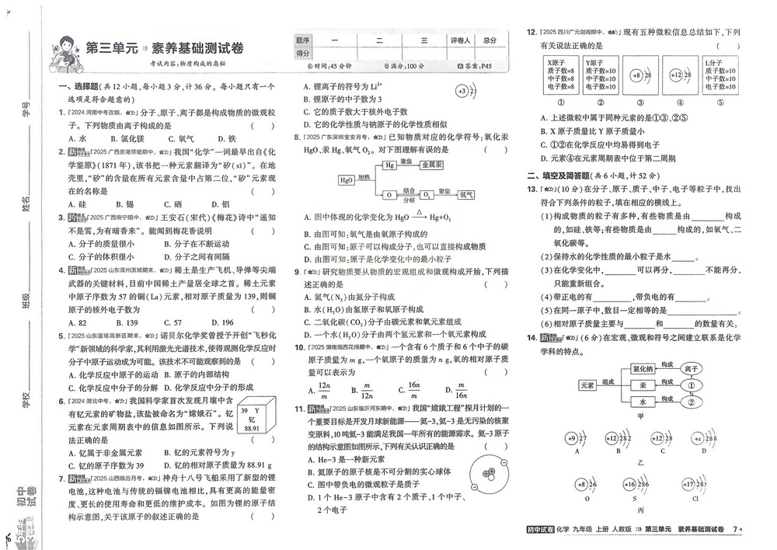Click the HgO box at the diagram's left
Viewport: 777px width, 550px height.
coord(347,180)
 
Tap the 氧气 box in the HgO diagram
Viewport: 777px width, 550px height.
coord(466,194)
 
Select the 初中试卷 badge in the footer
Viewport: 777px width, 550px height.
coord(540,529)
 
